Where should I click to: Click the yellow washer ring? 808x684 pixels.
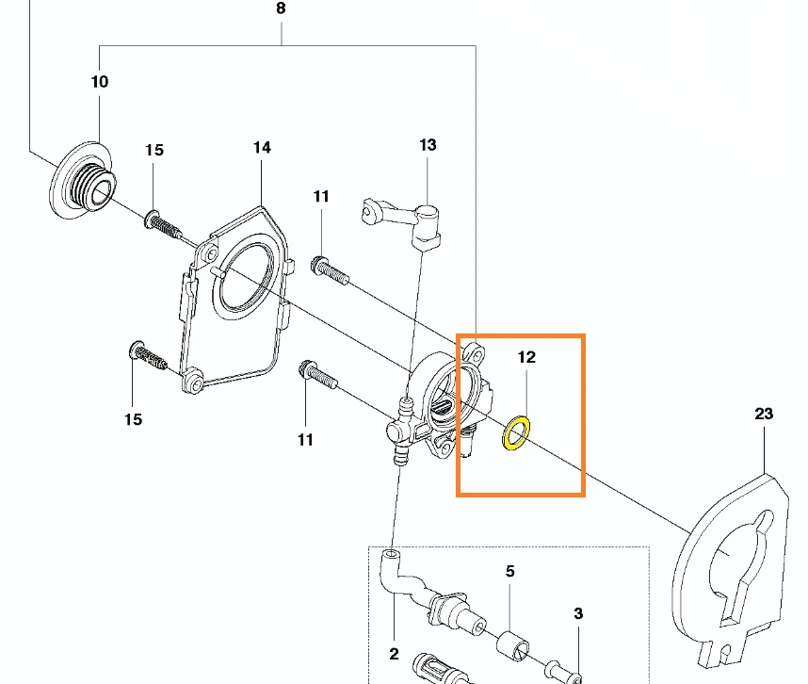516,433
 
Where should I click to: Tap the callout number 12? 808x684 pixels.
526,357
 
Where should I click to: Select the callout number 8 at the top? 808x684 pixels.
281,8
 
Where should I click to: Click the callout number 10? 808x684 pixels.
100,81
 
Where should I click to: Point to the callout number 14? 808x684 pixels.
262,147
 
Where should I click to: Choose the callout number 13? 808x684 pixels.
428,145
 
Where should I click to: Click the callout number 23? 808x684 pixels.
764,414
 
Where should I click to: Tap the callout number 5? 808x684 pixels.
509,571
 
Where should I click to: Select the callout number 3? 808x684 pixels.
578,613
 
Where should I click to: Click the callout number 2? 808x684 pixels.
395,654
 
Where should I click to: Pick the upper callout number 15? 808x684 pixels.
154,150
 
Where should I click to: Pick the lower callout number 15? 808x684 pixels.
133,419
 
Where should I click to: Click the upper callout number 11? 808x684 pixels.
320,196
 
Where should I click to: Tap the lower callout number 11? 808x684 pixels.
305,440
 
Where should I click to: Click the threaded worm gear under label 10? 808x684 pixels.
83,180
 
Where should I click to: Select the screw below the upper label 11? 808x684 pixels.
330,271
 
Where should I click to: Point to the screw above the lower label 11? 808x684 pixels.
318,375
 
